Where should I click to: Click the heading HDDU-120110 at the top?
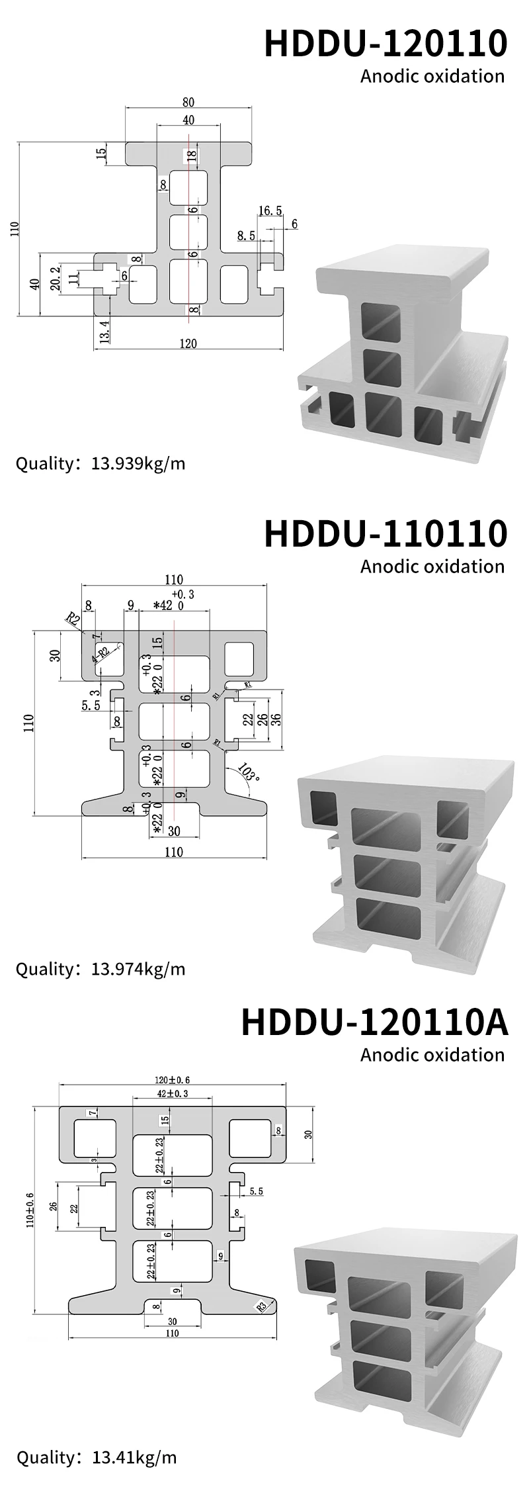(386, 44)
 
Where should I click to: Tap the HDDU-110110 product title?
(386, 533)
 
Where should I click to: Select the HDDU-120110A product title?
(374, 1022)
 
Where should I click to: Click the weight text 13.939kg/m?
(138, 463)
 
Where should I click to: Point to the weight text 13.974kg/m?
(138, 970)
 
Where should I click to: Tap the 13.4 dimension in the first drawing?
(100, 328)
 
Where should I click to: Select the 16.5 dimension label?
(270, 211)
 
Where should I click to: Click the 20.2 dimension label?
(56, 279)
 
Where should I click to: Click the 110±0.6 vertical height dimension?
(28, 1208)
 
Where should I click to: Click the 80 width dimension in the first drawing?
(188, 102)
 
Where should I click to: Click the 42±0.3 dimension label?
(173, 1094)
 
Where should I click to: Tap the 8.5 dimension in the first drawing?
(245, 235)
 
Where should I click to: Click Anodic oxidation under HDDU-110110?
(432, 566)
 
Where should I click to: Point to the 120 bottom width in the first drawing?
(188, 343)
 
